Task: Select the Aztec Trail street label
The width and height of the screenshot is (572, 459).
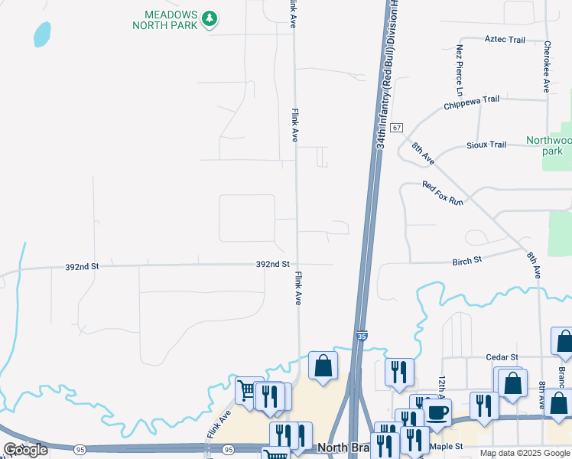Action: [x=505, y=40]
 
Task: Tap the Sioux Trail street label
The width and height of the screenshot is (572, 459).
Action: [x=486, y=145]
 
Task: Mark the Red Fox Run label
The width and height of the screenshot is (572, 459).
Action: [x=444, y=193]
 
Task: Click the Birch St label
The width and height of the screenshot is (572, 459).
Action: [x=466, y=260]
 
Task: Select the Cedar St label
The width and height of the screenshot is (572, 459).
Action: [x=502, y=357]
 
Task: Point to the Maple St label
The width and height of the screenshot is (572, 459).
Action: [x=447, y=446]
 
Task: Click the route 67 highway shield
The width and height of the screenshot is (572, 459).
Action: [x=396, y=128]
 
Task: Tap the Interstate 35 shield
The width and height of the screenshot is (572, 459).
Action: [x=362, y=335]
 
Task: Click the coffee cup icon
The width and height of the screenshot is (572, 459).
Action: [x=437, y=412]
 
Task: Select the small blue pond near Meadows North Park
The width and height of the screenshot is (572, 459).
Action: [x=42, y=34]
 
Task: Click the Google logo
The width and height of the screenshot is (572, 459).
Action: [x=26, y=450]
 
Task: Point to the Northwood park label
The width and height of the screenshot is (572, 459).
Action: [x=549, y=145]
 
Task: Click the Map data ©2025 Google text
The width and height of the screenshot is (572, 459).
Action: [x=525, y=453]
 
